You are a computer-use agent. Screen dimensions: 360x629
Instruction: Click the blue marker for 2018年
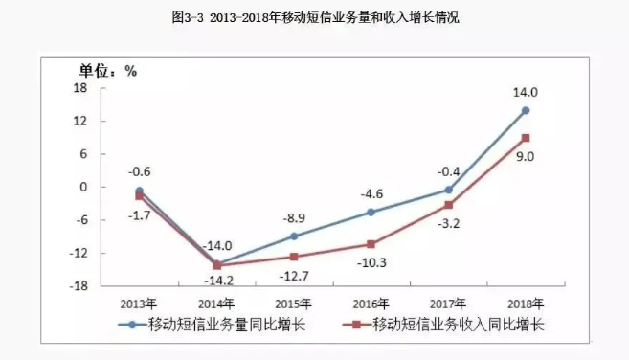[x=526, y=110]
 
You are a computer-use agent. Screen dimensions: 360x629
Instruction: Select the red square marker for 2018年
[x=526, y=138]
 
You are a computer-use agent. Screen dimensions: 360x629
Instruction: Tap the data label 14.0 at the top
[x=526, y=93]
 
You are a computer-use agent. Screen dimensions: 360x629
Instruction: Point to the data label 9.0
[x=525, y=156]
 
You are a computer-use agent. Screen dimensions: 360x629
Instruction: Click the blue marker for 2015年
[x=294, y=236]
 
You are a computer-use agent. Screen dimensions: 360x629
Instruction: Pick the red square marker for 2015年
[x=294, y=257]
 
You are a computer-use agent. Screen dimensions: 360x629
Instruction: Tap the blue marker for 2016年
[x=371, y=212]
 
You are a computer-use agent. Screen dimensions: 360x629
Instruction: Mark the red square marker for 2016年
[x=371, y=244]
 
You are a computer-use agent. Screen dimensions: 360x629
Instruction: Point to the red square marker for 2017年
[x=448, y=205]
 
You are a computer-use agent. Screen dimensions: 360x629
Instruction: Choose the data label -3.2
[x=449, y=223]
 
